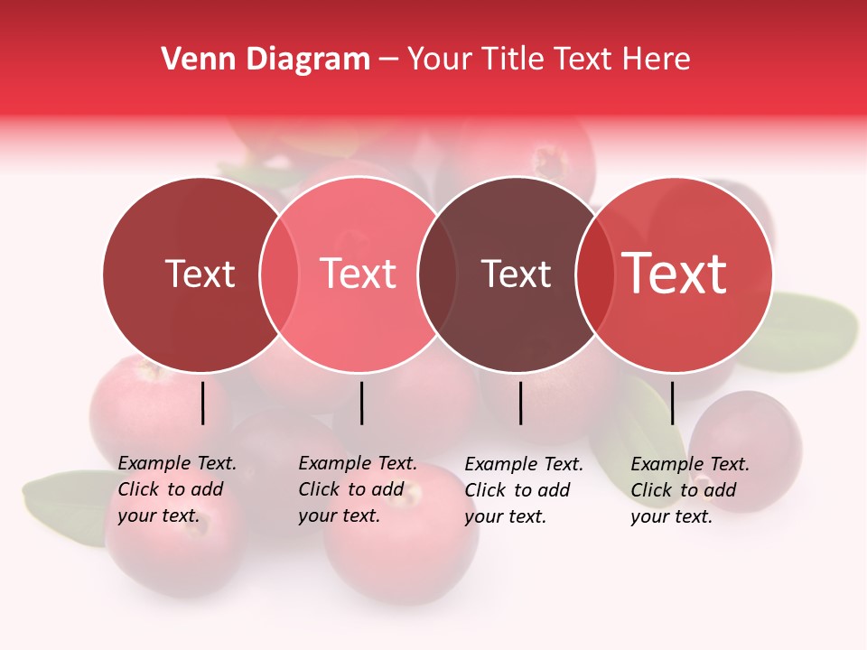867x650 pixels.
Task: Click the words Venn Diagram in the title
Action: (x=266, y=60)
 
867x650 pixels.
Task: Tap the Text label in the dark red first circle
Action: (x=200, y=274)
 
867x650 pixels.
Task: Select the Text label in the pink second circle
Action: (x=359, y=274)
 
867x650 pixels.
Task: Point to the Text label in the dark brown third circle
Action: (x=516, y=274)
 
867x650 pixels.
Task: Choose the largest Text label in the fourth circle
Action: (x=675, y=274)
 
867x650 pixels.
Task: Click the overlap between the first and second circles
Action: (x=279, y=274)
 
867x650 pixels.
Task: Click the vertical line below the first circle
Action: (x=202, y=403)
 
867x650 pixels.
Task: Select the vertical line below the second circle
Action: (x=361, y=403)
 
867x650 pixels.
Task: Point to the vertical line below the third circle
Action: (x=521, y=403)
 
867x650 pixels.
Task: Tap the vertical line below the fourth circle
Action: (x=672, y=403)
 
